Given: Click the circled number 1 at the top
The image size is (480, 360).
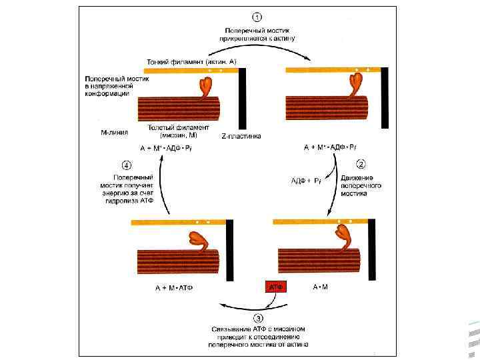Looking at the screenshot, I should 257,17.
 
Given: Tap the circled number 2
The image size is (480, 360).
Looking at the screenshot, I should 361,163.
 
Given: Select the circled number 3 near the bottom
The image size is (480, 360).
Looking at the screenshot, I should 257,319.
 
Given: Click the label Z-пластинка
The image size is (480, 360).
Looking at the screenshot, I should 241,136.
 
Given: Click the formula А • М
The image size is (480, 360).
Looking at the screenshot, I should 321,287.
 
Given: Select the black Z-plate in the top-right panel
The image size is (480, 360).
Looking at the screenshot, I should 384,97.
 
